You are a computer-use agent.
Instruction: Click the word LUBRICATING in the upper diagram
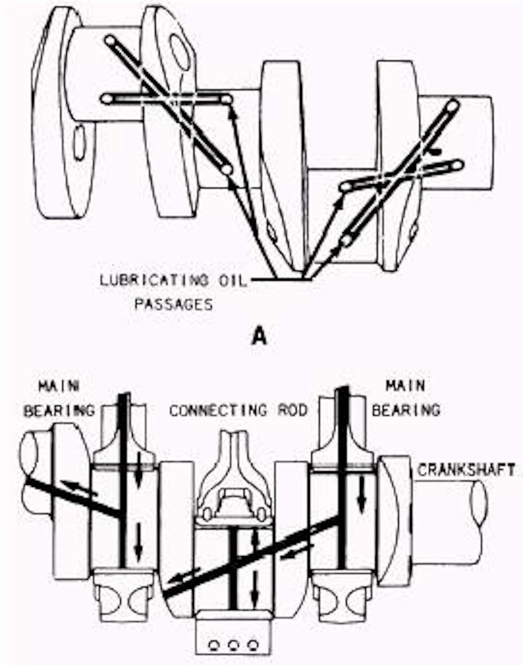(x=154, y=280)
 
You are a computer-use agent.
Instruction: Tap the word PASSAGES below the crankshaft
(x=173, y=304)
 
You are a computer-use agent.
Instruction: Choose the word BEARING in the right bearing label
(x=406, y=410)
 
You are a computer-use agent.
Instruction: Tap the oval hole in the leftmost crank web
(x=79, y=142)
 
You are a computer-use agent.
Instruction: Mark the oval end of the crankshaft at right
(x=478, y=504)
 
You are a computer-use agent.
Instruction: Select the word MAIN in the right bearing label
(x=405, y=386)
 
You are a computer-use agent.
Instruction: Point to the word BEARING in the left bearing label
(x=59, y=410)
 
